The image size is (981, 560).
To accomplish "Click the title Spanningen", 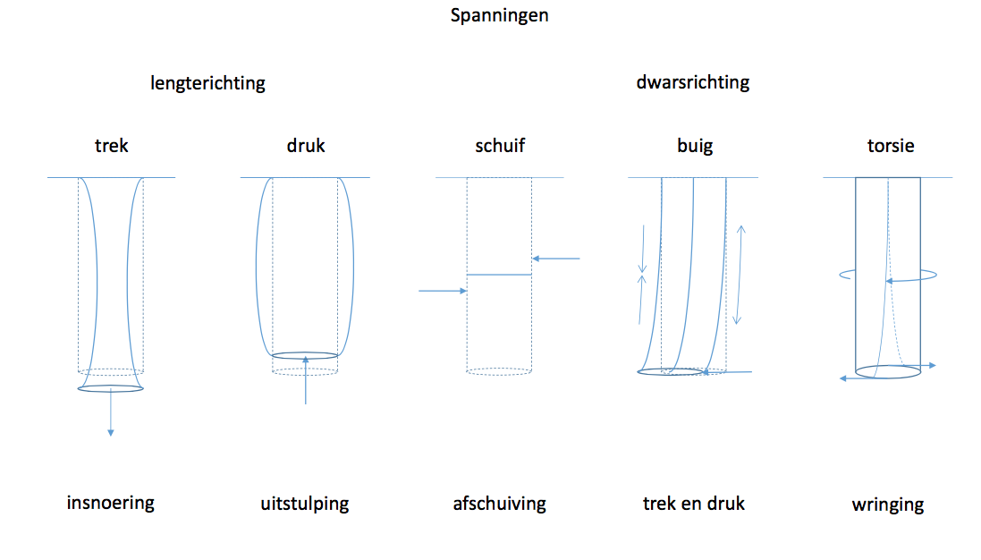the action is (499, 15).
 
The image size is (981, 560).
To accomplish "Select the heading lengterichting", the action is (207, 83).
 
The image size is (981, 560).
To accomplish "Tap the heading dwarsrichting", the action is (692, 82).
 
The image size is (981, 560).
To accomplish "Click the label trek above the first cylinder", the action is (112, 146).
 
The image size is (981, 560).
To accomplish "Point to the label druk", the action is (306, 146).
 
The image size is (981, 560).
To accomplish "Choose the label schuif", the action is (500, 146).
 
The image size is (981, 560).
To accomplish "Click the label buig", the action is (695, 147).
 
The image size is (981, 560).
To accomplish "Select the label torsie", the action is (891, 146).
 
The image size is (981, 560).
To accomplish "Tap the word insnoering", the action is (111, 503).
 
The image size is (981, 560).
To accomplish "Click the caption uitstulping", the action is (305, 505).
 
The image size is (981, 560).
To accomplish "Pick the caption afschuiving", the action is (499, 504).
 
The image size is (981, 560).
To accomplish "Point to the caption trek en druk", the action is (694, 504).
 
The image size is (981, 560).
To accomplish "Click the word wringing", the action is (888, 505).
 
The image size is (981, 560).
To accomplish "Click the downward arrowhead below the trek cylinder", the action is (111, 432).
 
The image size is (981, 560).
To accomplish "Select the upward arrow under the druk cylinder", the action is (305, 380).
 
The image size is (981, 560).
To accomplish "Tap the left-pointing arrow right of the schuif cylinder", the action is (555, 259).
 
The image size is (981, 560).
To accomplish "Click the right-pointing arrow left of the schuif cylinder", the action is (443, 291).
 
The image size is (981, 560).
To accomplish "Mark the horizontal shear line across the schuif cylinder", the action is (499, 275).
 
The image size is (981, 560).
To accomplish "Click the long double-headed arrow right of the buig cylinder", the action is (739, 275).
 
